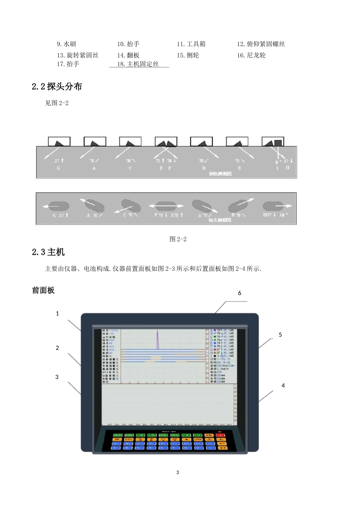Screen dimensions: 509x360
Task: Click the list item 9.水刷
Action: [66, 44]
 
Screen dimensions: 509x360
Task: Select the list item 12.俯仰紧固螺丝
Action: [261, 44]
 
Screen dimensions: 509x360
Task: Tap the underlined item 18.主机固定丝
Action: [138, 64]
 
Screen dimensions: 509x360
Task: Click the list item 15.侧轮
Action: [188, 55]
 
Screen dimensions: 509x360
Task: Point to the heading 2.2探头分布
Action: [57, 86]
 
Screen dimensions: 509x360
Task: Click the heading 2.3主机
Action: [49, 251]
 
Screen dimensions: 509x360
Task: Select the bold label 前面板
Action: [44, 290]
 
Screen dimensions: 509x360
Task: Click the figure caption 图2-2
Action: [178, 239]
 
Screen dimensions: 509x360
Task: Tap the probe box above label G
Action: [59, 142]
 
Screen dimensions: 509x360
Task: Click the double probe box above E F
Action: [166, 142]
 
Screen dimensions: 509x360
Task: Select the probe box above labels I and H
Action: [273, 142]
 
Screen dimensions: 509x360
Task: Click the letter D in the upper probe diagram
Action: [204, 168]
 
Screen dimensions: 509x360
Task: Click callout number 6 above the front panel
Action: [239, 293]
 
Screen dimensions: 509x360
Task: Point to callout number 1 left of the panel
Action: [58, 313]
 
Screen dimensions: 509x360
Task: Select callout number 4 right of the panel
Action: [283, 386]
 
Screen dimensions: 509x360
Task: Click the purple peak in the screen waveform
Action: [158, 339]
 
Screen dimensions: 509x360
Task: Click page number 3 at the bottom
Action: [178, 472]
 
